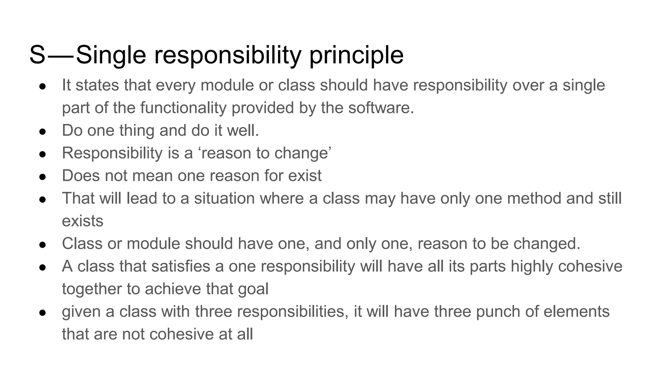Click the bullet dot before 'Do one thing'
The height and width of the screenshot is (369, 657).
[43, 132]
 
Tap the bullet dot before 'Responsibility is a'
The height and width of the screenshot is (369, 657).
[43, 154]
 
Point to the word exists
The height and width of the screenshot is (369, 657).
[82, 221]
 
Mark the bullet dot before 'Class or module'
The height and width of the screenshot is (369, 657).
[43, 245]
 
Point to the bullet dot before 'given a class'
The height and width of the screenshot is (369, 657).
[43, 313]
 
